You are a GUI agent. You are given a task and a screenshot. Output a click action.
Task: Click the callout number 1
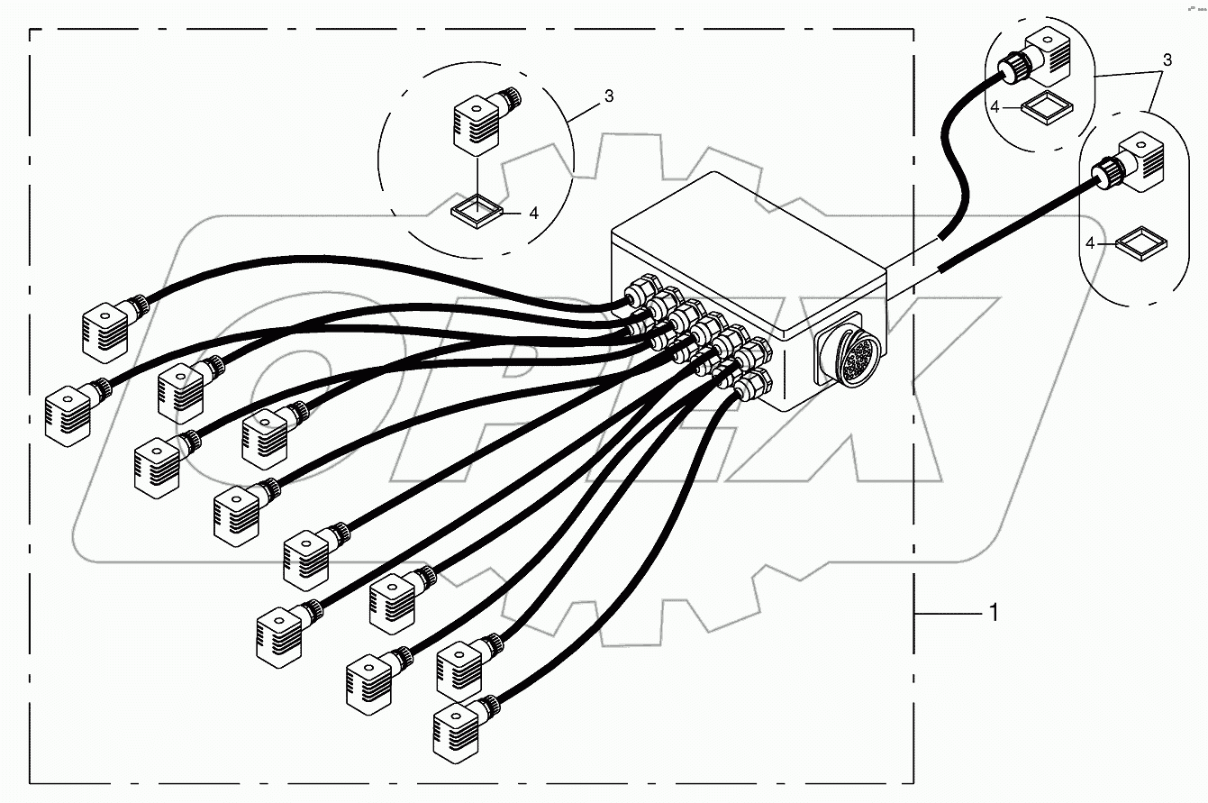(994, 613)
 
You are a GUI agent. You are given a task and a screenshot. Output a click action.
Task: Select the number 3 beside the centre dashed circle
(609, 96)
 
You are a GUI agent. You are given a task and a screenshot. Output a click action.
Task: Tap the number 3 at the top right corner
(1167, 60)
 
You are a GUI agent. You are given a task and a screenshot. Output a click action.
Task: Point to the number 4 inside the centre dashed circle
(533, 214)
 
